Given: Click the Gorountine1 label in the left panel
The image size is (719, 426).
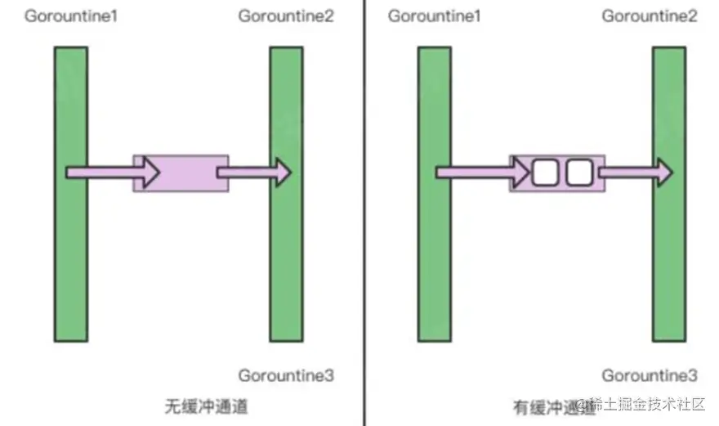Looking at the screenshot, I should (x=71, y=16).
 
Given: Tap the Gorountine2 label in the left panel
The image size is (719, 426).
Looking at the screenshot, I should (x=286, y=16).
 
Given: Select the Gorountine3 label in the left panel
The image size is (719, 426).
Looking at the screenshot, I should (x=286, y=376).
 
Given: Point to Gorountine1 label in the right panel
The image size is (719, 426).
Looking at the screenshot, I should (x=434, y=16).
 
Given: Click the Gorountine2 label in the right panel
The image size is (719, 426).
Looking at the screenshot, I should (x=650, y=16).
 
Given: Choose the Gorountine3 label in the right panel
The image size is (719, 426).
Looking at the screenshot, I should (x=650, y=376).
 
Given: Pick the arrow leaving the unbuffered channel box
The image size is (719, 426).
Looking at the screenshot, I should (x=253, y=172).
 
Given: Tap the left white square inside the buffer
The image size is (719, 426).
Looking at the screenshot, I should (x=544, y=172).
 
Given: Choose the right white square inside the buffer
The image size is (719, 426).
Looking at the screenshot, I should (x=578, y=172).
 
